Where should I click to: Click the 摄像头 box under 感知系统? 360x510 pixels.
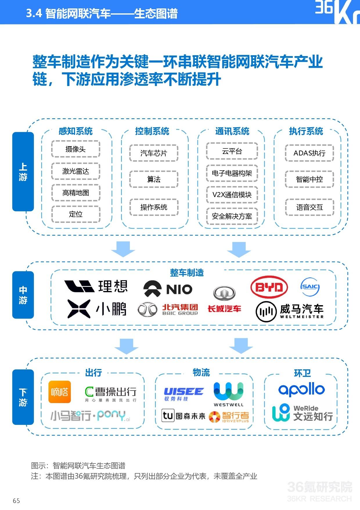(76, 149)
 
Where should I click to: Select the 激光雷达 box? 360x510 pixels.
(76, 171)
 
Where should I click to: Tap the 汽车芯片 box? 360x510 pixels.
(154, 153)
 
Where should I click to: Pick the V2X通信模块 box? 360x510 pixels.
(232, 195)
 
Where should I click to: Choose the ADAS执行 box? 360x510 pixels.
(309, 153)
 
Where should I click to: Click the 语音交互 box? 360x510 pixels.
(309, 207)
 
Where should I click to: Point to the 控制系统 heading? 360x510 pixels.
(152, 131)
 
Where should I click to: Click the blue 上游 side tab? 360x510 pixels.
(23, 172)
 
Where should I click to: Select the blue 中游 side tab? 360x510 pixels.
(23, 295)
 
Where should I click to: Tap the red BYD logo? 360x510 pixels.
(269, 287)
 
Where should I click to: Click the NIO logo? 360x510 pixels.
(168, 289)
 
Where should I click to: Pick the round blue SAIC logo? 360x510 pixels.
(310, 287)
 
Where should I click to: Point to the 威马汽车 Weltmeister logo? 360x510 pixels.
(290, 312)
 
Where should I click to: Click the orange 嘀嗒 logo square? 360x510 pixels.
(60, 392)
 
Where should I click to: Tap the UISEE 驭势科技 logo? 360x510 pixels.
(184, 394)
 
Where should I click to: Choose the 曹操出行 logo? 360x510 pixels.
(111, 394)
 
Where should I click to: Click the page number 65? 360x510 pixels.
(16, 500)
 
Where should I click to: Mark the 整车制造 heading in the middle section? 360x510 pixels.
(187, 273)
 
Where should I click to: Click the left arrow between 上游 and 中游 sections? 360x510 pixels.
(123, 249)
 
